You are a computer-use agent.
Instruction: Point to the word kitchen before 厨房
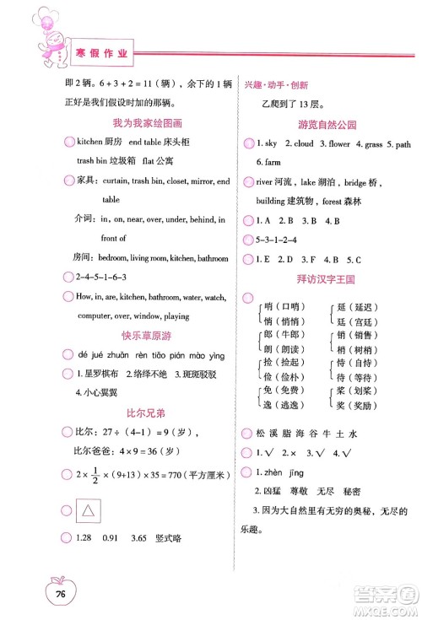pyautogui.click(x=89, y=142)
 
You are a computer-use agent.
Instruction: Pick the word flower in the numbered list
pyautogui.click(x=338, y=143)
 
